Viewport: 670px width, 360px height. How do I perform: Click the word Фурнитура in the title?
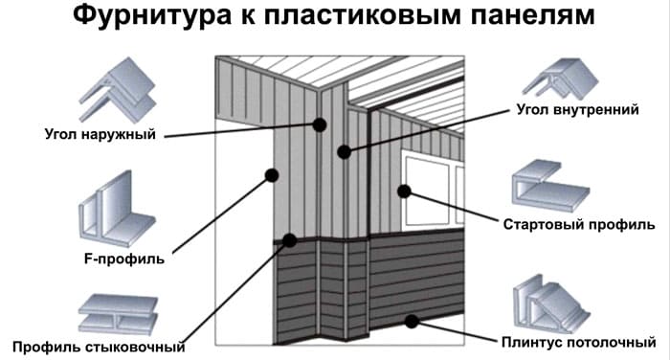(x=151, y=16)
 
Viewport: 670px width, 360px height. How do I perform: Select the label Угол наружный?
(x=100, y=134)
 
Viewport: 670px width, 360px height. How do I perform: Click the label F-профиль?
(x=123, y=259)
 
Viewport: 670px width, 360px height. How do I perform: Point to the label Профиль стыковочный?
(x=99, y=347)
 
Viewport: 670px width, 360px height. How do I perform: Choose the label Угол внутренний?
(x=578, y=109)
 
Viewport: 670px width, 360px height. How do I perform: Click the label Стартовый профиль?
(x=579, y=224)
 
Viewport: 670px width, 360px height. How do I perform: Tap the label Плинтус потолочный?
(x=578, y=342)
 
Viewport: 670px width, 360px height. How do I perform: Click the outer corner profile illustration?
(x=117, y=90)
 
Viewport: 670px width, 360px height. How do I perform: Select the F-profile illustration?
(x=117, y=210)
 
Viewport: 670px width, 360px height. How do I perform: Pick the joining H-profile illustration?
(x=118, y=313)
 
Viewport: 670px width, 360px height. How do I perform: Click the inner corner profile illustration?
(x=560, y=80)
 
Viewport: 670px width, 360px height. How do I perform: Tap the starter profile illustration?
(x=550, y=187)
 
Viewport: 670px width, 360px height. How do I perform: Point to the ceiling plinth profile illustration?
(x=551, y=304)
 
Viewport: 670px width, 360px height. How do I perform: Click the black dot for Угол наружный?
(x=319, y=124)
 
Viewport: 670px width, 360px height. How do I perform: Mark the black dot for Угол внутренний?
(x=344, y=152)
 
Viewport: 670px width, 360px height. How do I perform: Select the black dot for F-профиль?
(x=272, y=175)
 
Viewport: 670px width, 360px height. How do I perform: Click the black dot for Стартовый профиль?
(x=404, y=191)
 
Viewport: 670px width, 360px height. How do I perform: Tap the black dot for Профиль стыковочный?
(x=290, y=240)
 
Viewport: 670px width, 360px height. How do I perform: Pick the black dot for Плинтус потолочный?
(x=412, y=321)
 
